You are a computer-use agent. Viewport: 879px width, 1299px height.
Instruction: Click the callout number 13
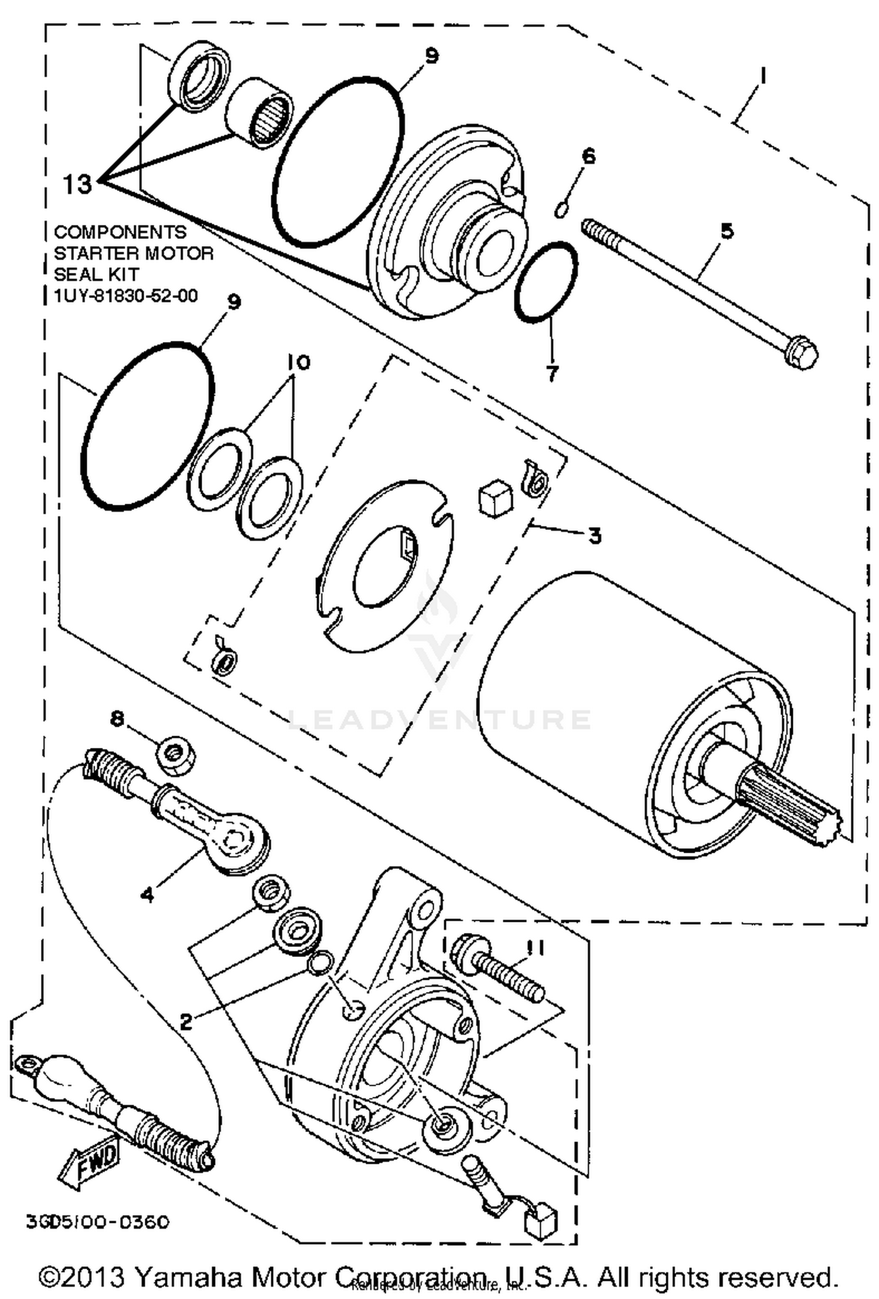(x=78, y=185)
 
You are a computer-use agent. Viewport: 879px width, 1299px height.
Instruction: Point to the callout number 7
(x=552, y=371)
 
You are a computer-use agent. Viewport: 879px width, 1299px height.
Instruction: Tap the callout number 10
(x=298, y=363)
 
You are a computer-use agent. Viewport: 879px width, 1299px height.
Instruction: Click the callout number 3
(x=594, y=535)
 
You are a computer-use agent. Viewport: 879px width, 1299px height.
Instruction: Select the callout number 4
(x=148, y=894)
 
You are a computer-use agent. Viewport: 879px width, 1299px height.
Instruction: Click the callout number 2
(x=186, y=1022)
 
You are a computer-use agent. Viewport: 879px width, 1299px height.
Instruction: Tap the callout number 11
(x=535, y=948)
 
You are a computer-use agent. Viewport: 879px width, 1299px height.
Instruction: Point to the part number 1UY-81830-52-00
(x=125, y=296)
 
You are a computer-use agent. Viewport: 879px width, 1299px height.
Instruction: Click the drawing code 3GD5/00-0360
(x=97, y=1222)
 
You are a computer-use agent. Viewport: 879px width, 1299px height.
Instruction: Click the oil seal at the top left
(x=199, y=76)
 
